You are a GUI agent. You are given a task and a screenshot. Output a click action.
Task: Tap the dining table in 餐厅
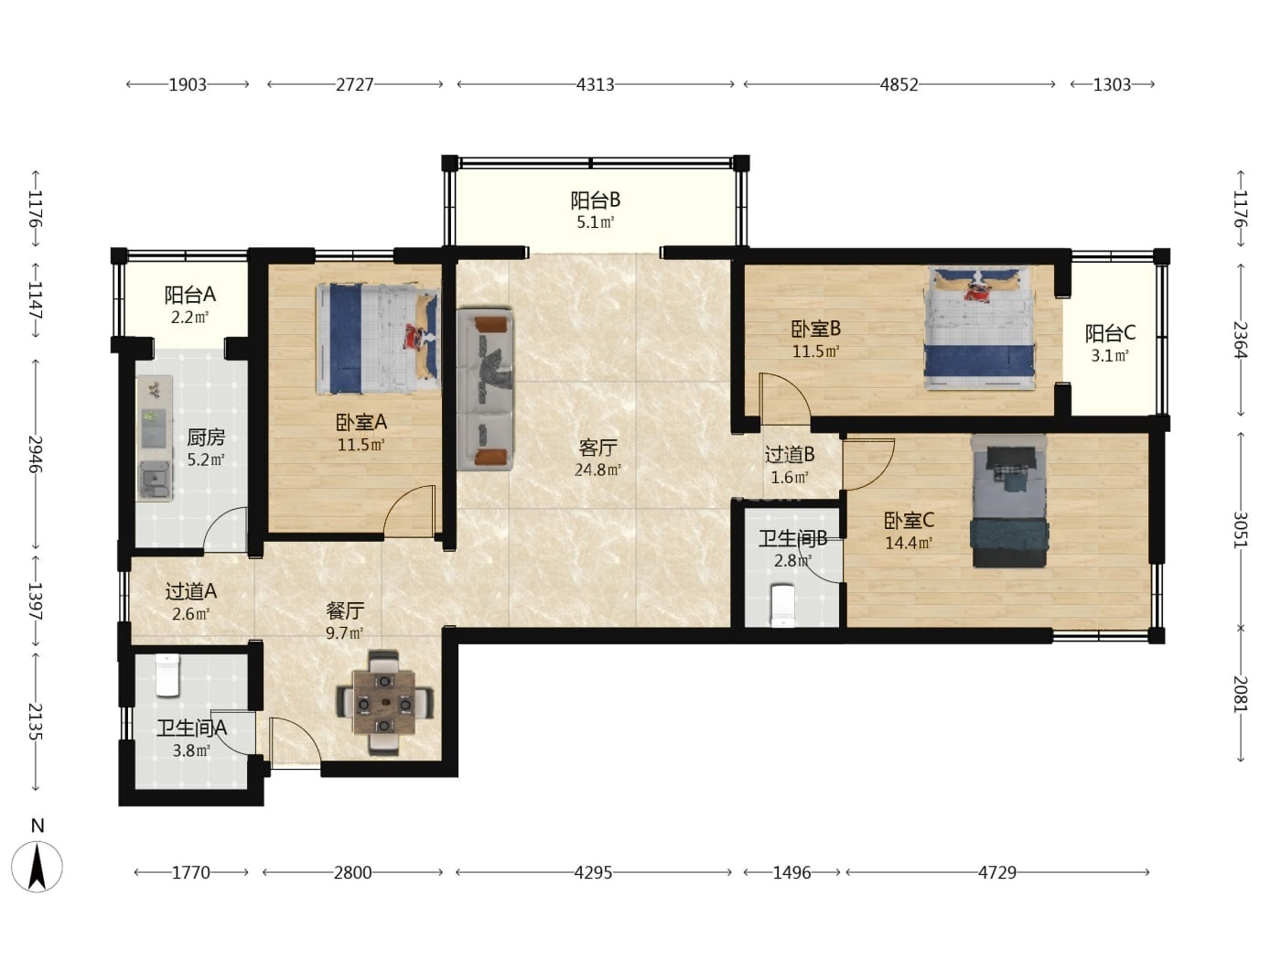384,703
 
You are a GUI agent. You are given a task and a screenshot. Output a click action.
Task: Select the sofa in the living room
486,389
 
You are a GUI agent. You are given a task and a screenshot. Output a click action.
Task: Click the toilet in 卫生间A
167,675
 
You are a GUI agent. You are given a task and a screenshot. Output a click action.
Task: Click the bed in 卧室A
378,339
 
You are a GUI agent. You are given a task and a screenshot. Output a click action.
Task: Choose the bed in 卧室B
980,328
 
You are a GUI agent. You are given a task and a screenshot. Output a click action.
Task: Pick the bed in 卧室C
1009,501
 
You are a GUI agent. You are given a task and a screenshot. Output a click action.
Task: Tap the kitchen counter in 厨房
155,438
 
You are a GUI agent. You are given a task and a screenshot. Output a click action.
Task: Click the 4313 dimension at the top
596,84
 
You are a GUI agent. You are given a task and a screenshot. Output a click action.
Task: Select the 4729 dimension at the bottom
997,872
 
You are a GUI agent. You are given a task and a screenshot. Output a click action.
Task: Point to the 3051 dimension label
1240,531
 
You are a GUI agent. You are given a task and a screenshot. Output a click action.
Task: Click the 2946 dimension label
36,454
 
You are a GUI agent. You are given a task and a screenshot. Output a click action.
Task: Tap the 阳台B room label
596,200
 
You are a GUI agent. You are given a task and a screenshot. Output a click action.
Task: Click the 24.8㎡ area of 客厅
597,470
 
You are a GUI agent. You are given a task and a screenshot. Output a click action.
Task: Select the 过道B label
790,454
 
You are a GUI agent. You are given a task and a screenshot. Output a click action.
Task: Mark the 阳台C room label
1110,333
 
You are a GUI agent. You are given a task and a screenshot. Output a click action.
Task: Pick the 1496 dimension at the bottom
792,872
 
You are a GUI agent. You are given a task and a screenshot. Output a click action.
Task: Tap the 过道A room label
191,591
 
